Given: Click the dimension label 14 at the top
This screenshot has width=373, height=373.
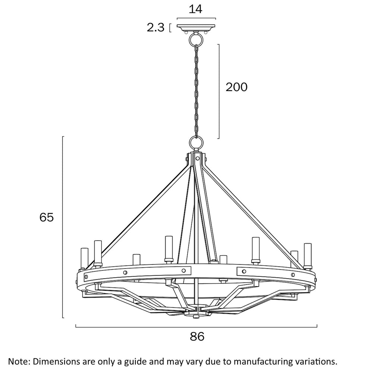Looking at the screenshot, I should point(195,9).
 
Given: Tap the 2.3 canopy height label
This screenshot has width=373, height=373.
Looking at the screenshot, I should point(156,28).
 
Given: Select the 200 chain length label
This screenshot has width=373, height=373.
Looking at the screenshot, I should point(236,87).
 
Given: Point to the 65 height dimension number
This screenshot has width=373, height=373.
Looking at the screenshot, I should point(47,217).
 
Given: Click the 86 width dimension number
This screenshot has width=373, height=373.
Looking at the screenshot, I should point(197,336).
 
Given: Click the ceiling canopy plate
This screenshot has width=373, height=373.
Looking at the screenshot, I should point(196,28).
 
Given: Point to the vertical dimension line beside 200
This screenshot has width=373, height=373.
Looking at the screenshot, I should point(219,91).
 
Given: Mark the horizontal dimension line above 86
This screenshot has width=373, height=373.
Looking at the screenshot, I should point(196,327).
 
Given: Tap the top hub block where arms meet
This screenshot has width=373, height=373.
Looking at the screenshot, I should point(197,157).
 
